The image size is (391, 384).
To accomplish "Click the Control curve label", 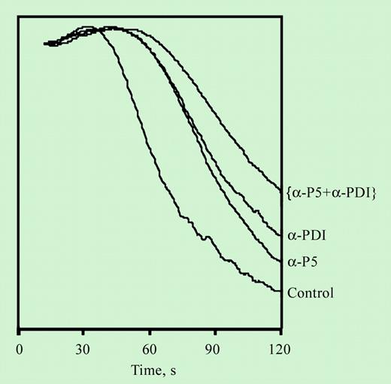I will pyautogui.click(x=310, y=292).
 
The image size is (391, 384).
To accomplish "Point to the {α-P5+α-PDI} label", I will pyautogui.click(x=332, y=192).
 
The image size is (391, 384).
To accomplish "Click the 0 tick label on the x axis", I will pyautogui.click(x=20, y=349).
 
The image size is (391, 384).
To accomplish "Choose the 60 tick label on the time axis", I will pyautogui.click(x=150, y=349).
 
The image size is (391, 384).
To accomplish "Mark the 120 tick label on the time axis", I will pyautogui.click(x=280, y=349).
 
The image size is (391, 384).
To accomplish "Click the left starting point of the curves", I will pyautogui.click(x=45, y=44).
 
